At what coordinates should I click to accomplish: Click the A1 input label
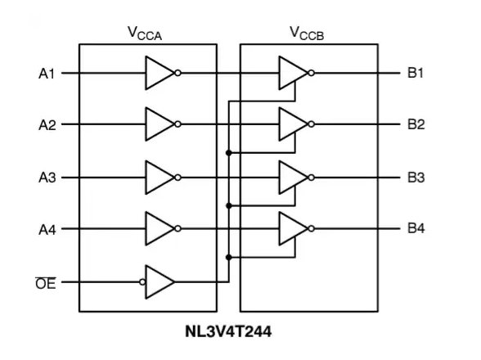point(47,73)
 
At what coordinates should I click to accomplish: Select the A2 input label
point(47,125)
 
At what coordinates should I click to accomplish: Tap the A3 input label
point(47,178)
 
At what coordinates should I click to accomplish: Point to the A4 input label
point(47,229)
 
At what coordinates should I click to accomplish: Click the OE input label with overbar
point(47,282)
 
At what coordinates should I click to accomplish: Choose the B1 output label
point(416,73)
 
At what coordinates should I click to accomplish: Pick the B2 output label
point(416,125)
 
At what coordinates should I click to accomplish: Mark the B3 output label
point(416,178)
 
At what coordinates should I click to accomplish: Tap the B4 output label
point(416,229)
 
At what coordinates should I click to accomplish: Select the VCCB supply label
point(308,33)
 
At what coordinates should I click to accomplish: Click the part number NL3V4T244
point(228,334)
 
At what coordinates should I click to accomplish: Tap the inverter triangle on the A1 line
point(157,73)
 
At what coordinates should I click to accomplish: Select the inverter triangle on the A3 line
point(157,178)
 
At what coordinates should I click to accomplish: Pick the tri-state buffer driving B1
point(291,73)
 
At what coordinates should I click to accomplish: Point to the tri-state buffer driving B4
point(291,229)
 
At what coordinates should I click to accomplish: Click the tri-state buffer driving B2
point(291,125)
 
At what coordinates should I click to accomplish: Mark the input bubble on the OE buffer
point(142,282)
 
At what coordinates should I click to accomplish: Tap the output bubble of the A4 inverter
point(178,229)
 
